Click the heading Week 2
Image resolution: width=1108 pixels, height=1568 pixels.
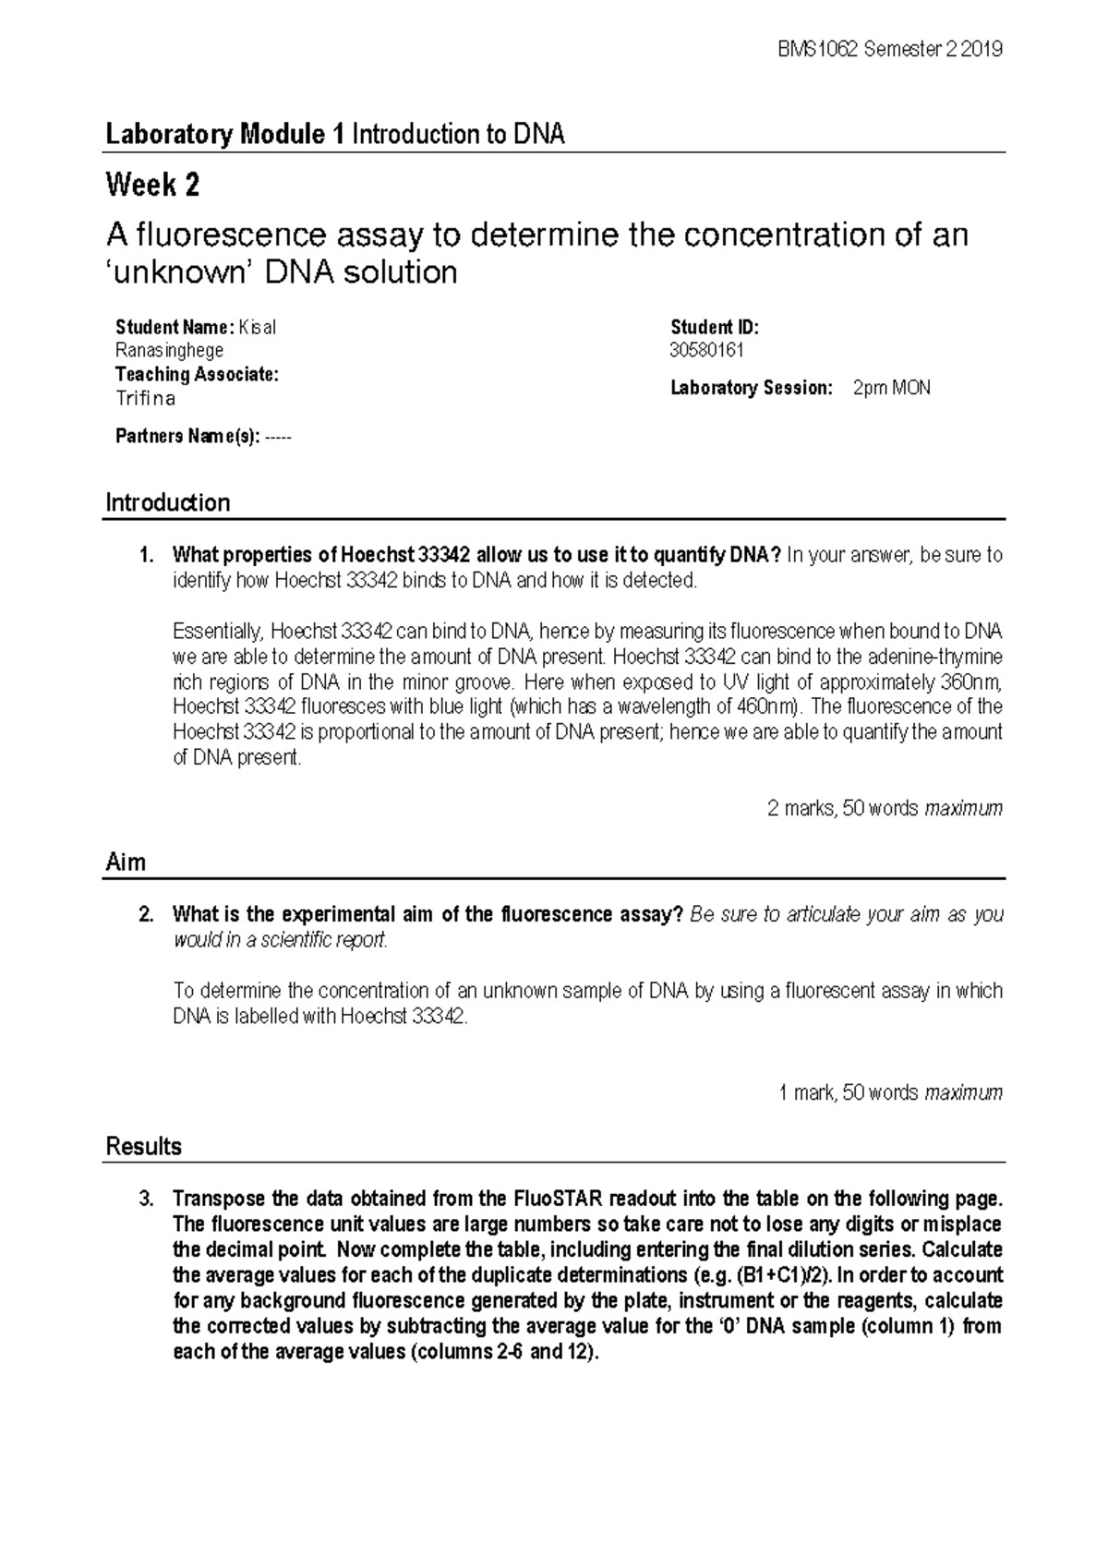[x=152, y=186]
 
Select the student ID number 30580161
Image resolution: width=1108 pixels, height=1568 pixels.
[x=706, y=350]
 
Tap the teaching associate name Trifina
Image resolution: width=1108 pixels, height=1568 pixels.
[x=145, y=399]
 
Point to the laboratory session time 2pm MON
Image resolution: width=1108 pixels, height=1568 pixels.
[x=891, y=388]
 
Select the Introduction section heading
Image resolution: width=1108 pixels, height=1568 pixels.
[x=167, y=503]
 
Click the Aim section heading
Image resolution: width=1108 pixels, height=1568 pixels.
[x=126, y=862]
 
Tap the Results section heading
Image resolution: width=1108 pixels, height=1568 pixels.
[x=143, y=1147]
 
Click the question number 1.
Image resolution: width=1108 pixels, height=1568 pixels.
[x=143, y=556]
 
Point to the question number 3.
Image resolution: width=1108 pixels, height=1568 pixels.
[x=143, y=1200]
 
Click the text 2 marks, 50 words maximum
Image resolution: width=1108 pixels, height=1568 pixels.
[x=884, y=809]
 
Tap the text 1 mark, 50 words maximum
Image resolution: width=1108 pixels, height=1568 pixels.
[x=890, y=1093]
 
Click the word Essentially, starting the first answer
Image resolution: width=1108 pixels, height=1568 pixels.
[x=218, y=632]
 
